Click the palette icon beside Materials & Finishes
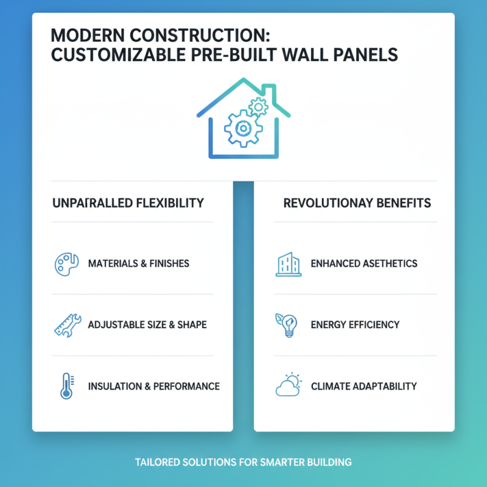66,265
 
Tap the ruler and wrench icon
66,325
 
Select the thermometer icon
66,386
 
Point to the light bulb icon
287,325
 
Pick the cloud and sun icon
288,385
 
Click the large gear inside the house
242,128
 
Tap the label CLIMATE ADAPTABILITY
363,386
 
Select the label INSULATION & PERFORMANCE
153,386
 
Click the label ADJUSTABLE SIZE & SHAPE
147,325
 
